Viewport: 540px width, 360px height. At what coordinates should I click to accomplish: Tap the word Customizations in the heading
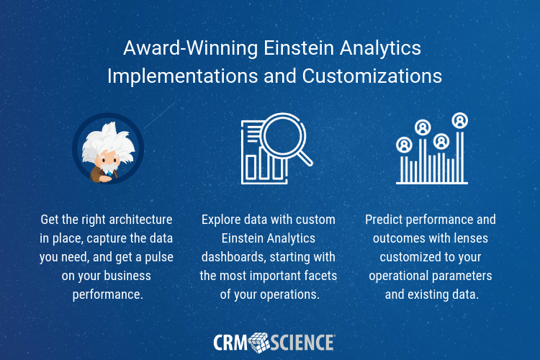click(x=366, y=76)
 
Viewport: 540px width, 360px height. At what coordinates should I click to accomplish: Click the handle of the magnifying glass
click(x=305, y=156)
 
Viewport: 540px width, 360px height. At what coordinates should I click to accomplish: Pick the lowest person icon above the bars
click(x=404, y=144)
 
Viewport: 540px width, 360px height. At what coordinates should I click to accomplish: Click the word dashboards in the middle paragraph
click(x=236, y=256)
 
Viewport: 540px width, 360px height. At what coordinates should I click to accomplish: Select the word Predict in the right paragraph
click(x=385, y=219)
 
